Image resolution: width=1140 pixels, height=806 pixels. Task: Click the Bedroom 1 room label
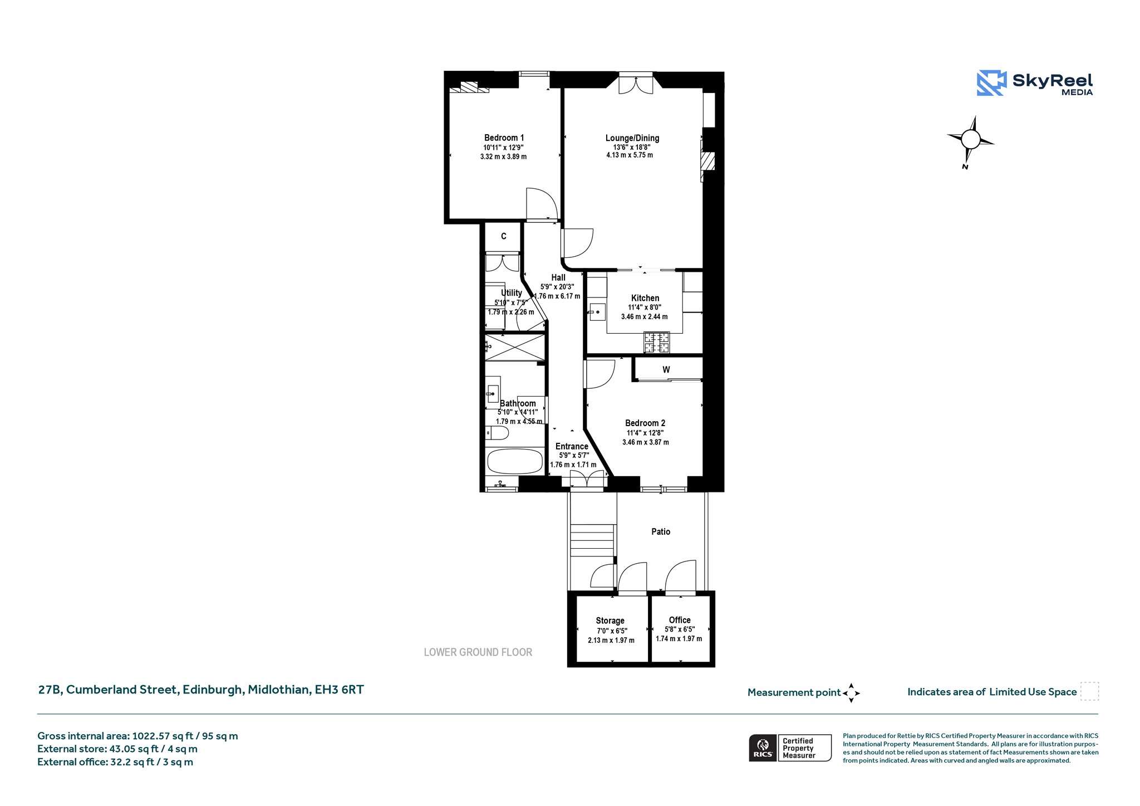504,138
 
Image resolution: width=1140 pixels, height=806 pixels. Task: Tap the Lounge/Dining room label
632,138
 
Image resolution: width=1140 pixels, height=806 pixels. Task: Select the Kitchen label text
645,298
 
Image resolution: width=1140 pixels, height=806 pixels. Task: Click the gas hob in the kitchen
657,343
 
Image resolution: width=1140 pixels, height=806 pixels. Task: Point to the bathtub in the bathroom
515,461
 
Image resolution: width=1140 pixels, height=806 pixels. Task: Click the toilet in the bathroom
497,433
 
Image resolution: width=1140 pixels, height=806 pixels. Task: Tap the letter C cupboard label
504,236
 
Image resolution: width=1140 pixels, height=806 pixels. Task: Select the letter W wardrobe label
666,369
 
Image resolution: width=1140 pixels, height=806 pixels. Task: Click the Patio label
661,531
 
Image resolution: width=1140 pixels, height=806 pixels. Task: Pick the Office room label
680,620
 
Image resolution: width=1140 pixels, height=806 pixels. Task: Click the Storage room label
610,621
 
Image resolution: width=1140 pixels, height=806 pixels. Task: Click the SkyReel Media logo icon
991,83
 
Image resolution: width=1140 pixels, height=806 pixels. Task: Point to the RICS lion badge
763,748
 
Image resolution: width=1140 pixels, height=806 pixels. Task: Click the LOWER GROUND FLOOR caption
478,652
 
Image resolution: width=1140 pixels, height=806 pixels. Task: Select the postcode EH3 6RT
340,690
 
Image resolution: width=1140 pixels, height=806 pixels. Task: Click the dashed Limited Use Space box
1089,691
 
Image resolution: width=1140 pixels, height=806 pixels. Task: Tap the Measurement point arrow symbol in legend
851,693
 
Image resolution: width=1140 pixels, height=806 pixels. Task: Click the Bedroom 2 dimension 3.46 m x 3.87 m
646,442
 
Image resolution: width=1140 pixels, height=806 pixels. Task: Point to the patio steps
593,540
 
